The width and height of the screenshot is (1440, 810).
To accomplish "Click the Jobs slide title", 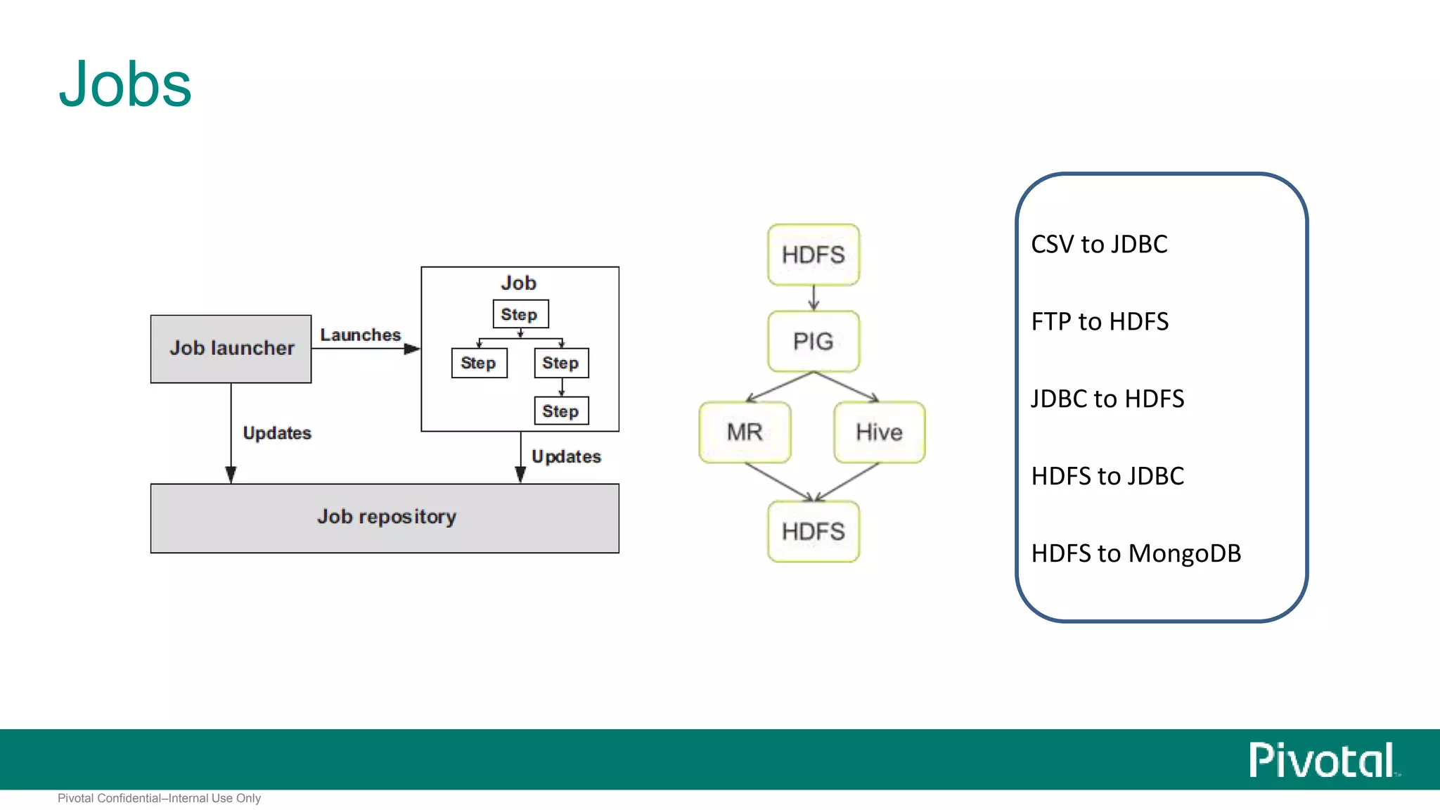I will [125, 85].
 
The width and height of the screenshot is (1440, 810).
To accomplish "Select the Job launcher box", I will [231, 349].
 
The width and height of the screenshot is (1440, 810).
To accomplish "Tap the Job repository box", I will [385, 518].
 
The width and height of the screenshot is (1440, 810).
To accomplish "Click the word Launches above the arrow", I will [360, 335].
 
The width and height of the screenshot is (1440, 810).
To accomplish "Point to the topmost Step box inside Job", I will [520, 314].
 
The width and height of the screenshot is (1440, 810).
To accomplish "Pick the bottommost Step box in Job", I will [560, 411].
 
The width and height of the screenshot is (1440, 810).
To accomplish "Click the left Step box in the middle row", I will [478, 363].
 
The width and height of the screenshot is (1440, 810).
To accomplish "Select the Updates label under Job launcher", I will [276, 432].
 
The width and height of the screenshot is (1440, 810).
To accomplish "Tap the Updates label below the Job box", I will [566, 456].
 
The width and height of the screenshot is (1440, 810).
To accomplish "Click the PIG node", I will [814, 341].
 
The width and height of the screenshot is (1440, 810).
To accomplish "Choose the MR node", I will [745, 432].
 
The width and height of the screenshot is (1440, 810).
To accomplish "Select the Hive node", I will [879, 432].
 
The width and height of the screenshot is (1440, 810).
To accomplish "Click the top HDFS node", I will [814, 255].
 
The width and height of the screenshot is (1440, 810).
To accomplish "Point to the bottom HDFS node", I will [814, 531].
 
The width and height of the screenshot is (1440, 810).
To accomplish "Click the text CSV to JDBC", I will [1099, 245].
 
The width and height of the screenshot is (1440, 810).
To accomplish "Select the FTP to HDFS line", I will [1100, 322].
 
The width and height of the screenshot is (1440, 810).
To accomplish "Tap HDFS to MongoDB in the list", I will [1136, 554].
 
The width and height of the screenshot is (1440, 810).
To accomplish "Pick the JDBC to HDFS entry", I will [1107, 399].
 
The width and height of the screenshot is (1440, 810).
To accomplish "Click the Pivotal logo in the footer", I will [1323, 760].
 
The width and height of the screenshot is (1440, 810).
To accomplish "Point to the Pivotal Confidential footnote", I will [159, 798].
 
